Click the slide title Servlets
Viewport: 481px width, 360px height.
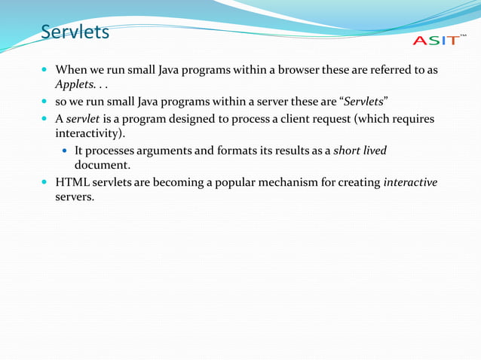pyautogui.click(x=75, y=33)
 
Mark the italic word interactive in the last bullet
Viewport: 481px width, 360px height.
pyautogui.click(x=410, y=182)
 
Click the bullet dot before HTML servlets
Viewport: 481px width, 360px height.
pyautogui.click(x=47, y=183)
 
